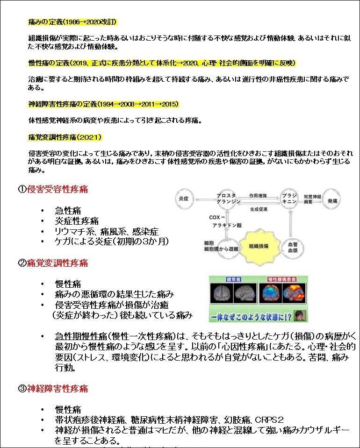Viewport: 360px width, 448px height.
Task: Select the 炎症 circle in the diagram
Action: click(x=183, y=199)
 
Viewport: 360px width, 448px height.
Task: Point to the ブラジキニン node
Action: click(x=288, y=199)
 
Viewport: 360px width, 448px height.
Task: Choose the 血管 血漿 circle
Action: click(x=293, y=247)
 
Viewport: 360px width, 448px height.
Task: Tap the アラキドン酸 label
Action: click(x=226, y=225)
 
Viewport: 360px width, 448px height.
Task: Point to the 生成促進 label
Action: click(x=259, y=209)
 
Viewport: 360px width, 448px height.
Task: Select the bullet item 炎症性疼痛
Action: click(x=77, y=221)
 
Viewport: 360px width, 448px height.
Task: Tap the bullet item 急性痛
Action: click(x=68, y=211)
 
